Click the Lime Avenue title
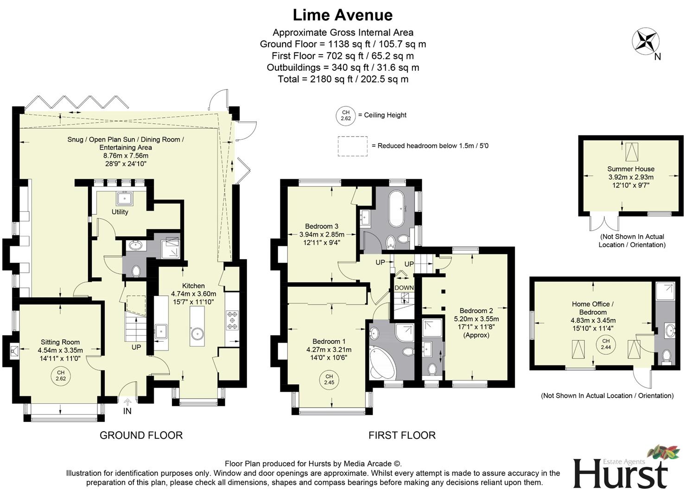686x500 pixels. pyautogui.click(x=343, y=15)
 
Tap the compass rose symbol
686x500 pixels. pyautogui.click(x=645, y=41)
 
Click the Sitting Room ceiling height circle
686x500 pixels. pyautogui.click(x=61, y=375)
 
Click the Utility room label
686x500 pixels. pyautogui.click(x=120, y=212)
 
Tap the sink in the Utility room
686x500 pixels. pyautogui.click(x=125, y=198)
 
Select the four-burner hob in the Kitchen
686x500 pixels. pyautogui.click(x=232, y=320)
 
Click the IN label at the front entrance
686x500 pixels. pyautogui.click(x=127, y=411)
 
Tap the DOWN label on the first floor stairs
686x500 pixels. pyautogui.click(x=404, y=288)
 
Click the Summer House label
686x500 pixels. pyautogui.click(x=630, y=169)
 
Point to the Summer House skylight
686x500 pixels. pyautogui.click(x=631, y=150)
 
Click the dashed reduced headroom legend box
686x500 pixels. pyautogui.click(x=352, y=146)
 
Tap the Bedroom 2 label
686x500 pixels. pyautogui.click(x=476, y=311)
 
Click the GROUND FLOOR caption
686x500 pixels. pyautogui.click(x=141, y=435)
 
